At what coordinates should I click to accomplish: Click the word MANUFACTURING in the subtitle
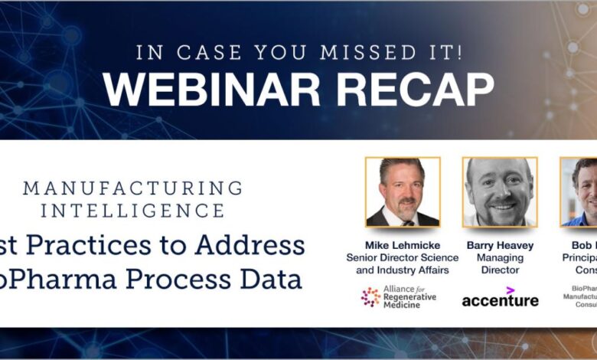(x=133, y=188)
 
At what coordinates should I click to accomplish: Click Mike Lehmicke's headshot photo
(x=403, y=192)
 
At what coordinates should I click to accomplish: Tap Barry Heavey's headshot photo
(x=500, y=192)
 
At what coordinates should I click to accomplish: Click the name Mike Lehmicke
(x=403, y=245)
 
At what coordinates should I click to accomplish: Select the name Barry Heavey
(x=500, y=245)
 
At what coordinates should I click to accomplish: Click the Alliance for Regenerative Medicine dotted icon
(x=371, y=297)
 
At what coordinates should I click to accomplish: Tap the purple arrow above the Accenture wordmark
(x=510, y=289)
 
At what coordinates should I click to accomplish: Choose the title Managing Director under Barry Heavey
(x=500, y=264)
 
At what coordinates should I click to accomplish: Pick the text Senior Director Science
(x=403, y=257)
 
